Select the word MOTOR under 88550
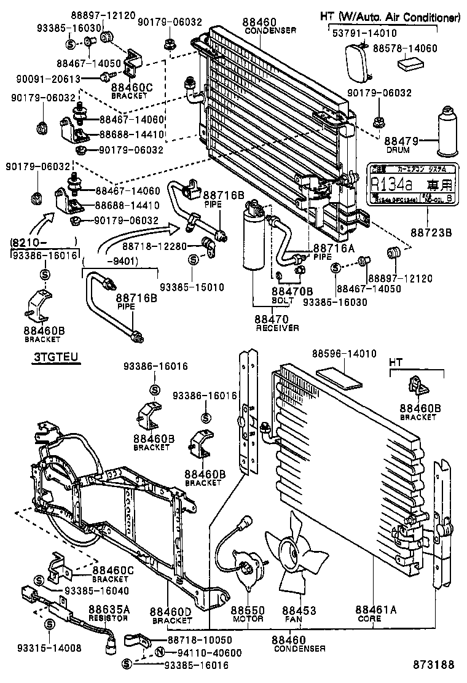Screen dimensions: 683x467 [248, 619]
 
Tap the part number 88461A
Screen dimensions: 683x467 [376, 610]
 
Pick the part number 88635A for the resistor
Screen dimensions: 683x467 [109, 609]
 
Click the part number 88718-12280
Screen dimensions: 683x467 [154, 246]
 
